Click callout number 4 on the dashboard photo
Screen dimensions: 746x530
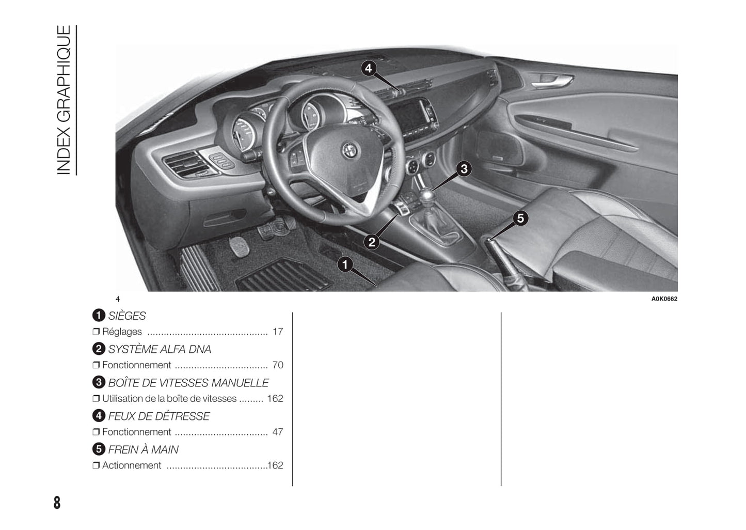tap(368, 69)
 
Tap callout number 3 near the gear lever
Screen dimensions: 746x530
tap(464, 169)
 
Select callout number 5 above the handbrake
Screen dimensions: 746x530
tap(520, 219)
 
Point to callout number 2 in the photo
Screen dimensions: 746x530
tap(371, 242)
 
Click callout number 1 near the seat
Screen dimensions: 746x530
tap(345, 264)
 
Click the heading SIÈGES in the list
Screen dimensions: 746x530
tap(127, 315)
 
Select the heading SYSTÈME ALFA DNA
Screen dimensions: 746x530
tap(160, 349)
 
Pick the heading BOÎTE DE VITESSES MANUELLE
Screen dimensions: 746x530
tap(188, 382)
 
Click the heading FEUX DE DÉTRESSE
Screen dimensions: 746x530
tap(159, 416)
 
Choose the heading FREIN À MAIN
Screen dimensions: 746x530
tap(143, 449)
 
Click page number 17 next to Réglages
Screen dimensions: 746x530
tap(278, 332)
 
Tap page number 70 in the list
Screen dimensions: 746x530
tap(278, 365)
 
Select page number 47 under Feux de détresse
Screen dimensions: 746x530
tap(278, 432)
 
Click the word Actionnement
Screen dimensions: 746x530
tap(132, 465)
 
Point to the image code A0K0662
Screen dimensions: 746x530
tap(664, 299)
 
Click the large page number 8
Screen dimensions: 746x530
tap(57, 503)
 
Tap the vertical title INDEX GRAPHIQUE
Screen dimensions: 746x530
tap(64, 100)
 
